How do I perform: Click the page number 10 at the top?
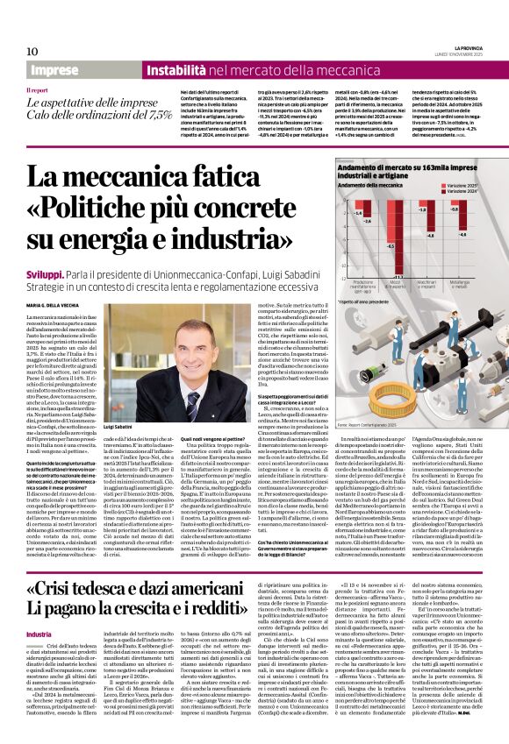32,52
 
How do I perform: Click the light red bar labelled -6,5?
391,231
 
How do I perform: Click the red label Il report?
38,90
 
